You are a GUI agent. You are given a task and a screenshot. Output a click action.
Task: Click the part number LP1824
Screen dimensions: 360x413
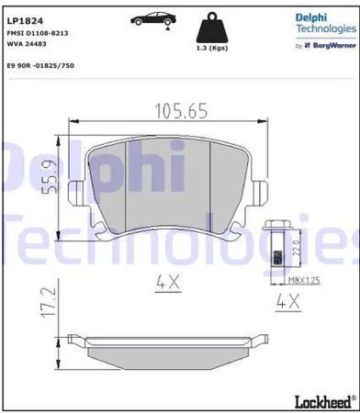25,21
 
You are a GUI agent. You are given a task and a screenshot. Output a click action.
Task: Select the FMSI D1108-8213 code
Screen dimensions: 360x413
38,33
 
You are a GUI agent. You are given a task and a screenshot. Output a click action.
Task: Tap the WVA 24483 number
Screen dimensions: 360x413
27,44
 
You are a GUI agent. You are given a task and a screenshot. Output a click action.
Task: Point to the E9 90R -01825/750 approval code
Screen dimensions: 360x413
40,65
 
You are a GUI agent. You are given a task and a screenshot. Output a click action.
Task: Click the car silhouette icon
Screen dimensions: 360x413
153,18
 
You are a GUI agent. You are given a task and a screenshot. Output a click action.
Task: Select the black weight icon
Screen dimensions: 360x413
212,28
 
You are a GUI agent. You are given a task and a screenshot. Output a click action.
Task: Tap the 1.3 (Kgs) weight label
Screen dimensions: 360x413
212,48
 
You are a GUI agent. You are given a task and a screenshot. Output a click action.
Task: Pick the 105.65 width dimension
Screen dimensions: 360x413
182,111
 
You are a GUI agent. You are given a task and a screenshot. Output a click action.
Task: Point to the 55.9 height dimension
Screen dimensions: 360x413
50,177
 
